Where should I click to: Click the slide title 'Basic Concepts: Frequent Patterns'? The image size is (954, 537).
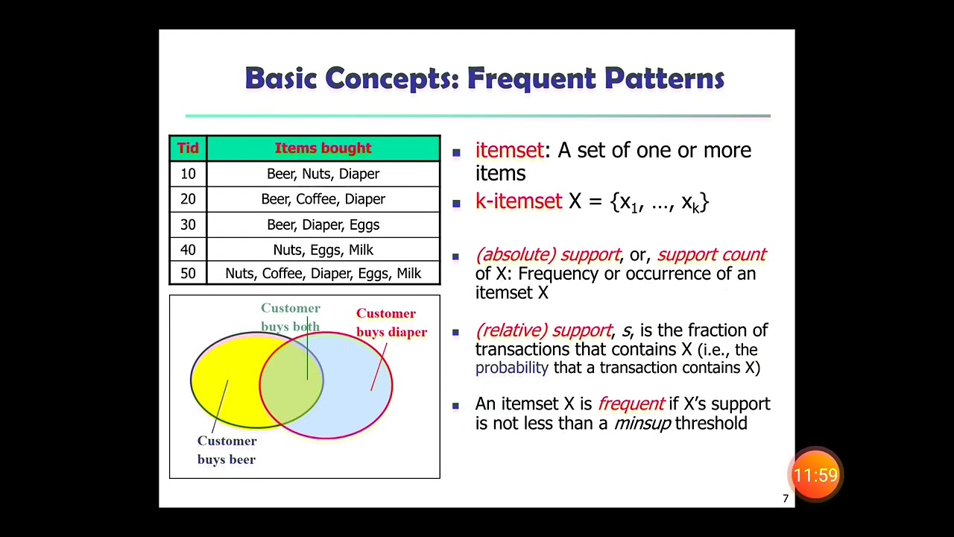[484, 78]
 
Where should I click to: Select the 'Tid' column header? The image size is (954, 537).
[188, 148]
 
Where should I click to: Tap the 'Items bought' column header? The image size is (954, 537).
[323, 148]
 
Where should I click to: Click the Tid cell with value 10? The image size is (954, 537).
[188, 174]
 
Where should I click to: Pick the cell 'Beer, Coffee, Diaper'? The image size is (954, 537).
[323, 199]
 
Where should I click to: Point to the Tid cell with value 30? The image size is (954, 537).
[188, 224]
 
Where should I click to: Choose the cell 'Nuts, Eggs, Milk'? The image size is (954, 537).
[323, 250]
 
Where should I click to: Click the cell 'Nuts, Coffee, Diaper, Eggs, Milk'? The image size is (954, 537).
[323, 274]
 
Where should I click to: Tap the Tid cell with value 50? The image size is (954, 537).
[188, 274]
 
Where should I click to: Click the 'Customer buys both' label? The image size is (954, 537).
[290, 317]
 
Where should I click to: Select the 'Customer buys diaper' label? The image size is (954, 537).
[391, 322]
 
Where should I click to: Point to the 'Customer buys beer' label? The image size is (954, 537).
[227, 450]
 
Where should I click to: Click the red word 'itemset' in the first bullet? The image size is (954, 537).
[509, 150]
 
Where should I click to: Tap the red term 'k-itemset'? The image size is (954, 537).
[518, 201]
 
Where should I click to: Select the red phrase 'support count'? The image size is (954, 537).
[711, 254]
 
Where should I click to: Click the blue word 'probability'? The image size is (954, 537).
[511, 368]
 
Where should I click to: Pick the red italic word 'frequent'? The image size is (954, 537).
[631, 404]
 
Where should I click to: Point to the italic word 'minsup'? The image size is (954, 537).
[642, 424]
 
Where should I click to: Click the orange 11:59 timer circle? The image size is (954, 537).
[816, 474]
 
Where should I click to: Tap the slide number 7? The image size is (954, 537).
[785, 499]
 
